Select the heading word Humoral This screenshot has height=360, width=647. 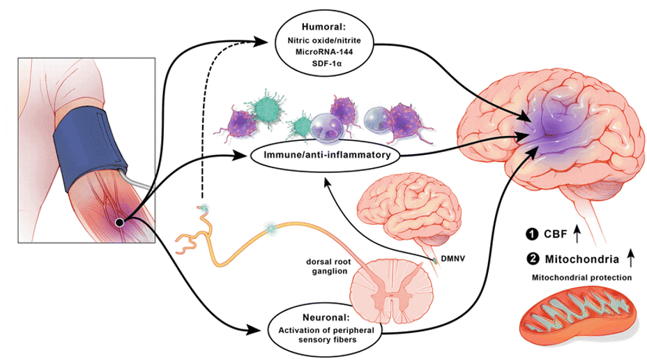321,29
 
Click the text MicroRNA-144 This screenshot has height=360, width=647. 321,52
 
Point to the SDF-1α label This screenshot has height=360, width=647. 321,63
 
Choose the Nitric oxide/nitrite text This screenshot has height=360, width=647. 321,41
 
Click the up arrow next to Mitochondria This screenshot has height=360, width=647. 631,259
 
